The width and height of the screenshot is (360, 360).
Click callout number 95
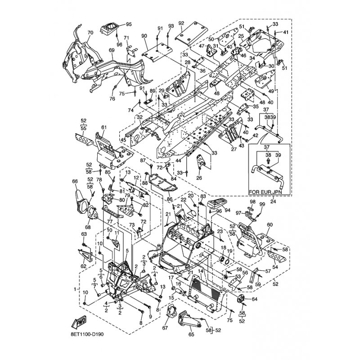[129, 24]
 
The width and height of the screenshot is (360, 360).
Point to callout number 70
[90, 32]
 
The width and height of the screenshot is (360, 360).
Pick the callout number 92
[181, 23]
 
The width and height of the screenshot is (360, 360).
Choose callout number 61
[104, 128]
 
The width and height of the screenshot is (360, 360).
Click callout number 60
[270, 225]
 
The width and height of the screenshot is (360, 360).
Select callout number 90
[144, 36]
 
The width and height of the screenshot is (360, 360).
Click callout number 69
[112, 50]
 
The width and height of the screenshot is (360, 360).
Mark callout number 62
[84, 266]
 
